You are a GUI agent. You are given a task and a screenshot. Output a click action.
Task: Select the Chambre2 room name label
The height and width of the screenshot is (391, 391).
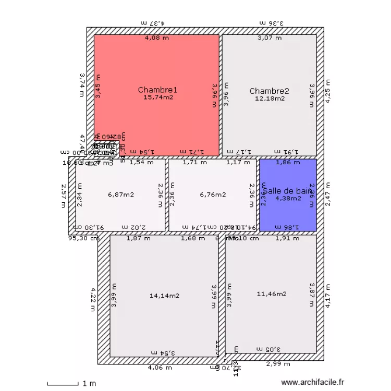pos(269,91)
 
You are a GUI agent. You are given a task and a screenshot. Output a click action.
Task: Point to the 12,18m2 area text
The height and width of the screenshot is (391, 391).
pos(270,98)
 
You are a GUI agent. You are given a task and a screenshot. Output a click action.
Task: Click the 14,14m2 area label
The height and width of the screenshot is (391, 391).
pos(164,296)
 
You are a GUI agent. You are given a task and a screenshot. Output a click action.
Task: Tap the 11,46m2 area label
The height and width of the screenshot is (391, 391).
pos(271,294)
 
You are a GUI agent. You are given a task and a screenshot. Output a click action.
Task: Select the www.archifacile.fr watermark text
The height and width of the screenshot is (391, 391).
pos(313,382)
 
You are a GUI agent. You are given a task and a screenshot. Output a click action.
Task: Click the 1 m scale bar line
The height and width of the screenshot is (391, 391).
pos(62,384)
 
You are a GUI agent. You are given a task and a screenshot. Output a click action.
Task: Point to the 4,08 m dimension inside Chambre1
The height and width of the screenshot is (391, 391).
pos(156,38)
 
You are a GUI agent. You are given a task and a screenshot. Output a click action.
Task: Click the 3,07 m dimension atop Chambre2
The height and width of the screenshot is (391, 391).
pos(270,38)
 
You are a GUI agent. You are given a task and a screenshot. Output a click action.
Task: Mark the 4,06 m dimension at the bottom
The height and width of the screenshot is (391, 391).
pos(159,368)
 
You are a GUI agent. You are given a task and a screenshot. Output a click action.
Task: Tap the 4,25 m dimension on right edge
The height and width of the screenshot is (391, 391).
pos(328,91)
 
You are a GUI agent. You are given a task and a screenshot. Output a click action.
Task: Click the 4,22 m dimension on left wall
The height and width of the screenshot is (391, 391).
pos(94,299)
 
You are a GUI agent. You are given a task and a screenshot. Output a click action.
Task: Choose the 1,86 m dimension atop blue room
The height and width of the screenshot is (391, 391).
pos(288,162)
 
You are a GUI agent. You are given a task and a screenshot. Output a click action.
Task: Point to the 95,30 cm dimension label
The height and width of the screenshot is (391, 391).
pos(83,238)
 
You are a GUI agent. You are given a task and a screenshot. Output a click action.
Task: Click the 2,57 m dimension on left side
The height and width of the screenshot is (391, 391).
pos(64,195)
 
